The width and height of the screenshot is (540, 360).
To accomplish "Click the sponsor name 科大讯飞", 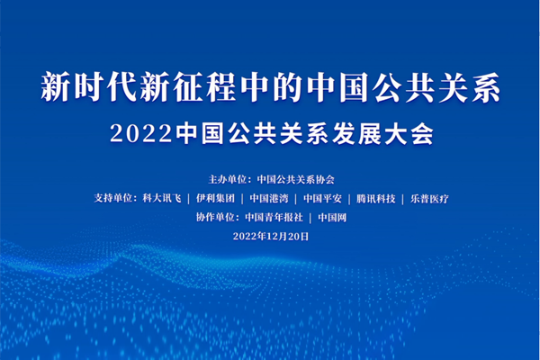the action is tap(162, 198).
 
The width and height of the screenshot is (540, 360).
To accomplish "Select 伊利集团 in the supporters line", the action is tap(215, 198).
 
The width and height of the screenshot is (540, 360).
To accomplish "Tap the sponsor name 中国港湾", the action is tap(268, 198).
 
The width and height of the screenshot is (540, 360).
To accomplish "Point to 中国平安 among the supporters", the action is tap(322, 198).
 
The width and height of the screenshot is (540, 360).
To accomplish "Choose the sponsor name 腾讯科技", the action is tap(375, 198).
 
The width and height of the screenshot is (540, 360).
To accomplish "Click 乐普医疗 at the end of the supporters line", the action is tap(429, 198).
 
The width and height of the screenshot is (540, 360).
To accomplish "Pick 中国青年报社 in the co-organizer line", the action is tap(274, 218).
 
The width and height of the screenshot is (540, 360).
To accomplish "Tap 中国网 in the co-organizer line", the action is tap(332, 218).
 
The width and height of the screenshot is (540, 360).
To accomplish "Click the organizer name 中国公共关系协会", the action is tap(296, 179).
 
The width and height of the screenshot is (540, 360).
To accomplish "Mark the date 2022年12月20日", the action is tap(271, 237).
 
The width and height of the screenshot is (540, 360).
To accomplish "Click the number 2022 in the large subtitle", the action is tap(141, 133).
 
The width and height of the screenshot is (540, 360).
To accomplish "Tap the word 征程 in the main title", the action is tap(204, 87).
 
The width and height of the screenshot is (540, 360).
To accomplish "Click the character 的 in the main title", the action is tap(288, 87).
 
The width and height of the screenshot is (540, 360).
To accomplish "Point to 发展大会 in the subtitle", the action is tap(382, 133).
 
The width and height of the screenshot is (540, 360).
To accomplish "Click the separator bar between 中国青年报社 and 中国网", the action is tap(310, 218).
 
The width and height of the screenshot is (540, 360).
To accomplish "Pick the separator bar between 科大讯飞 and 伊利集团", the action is tap(189, 199).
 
